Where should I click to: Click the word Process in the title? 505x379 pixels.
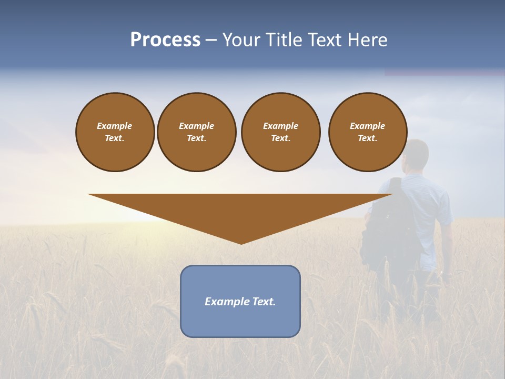[165, 40]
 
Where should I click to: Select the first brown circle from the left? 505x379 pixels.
[115, 132]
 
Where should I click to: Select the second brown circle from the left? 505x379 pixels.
[196, 132]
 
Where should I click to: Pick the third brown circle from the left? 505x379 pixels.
[280, 132]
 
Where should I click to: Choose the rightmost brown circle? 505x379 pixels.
[367, 132]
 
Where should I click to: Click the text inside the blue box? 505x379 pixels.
[240, 302]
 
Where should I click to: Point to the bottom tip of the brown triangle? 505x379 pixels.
[241, 243]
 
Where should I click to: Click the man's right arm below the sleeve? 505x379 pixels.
[446, 247]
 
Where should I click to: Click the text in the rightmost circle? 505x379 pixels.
[367, 132]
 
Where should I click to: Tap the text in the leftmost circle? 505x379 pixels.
[115, 132]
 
